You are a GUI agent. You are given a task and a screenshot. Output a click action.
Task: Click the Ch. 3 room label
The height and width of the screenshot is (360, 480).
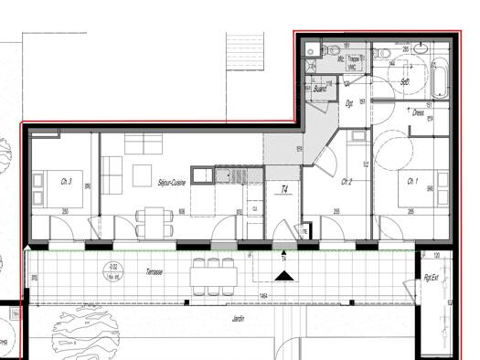pyautogui.click(x=66, y=181)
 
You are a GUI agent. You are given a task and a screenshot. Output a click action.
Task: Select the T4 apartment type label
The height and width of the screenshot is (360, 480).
pyautogui.click(x=284, y=190)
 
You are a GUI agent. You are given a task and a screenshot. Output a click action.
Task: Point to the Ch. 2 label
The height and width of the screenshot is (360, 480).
pyautogui.click(x=347, y=182)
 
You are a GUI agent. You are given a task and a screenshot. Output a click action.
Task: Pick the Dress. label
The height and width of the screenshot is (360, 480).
pyautogui.click(x=418, y=113)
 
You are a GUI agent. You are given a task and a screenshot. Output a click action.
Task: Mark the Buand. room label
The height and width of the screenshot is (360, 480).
pyautogui.click(x=320, y=89)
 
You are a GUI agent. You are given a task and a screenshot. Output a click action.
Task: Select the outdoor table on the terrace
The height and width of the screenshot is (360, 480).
pyautogui.click(x=212, y=273)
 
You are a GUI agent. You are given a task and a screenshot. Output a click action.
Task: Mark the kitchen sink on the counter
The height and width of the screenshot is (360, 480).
pyautogui.click(x=227, y=174)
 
